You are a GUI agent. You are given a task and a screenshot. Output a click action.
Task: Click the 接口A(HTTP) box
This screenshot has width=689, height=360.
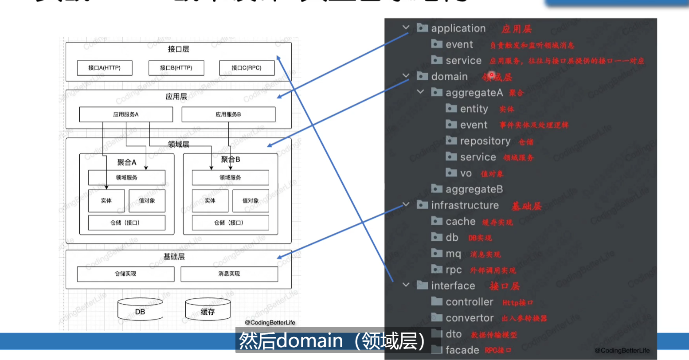pyautogui.click(x=105, y=68)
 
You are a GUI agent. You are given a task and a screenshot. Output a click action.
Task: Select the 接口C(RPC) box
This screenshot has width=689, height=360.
pyautogui.click(x=247, y=68)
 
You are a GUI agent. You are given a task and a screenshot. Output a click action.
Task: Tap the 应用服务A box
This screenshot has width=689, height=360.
pyautogui.click(x=126, y=114)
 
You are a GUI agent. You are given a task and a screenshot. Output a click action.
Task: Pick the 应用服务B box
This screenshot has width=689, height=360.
pyautogui.click(x=228, y=114)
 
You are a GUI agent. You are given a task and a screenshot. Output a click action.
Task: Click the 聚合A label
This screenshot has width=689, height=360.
pyautogui.click(x=127, y=163)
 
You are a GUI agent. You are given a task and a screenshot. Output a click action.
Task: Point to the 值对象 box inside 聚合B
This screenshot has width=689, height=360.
pyautogui.click(x=251, y=200)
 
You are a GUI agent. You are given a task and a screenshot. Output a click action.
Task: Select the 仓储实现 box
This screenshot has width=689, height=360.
pyautogui.click(x=125, y=274)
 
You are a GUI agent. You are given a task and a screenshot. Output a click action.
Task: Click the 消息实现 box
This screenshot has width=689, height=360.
pyautogui.click(x=229, y=274)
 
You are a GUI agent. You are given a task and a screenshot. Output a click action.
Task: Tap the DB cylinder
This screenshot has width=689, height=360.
pyautogui.click(x=140, y=310)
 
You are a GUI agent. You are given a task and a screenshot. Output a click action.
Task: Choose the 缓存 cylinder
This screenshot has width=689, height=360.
pyautogui.click(x=207, y=310)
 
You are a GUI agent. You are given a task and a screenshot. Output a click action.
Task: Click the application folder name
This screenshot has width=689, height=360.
pyautogui.click(x=458, y=28)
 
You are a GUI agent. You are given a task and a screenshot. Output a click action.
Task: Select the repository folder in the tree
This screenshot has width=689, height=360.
pyautogui.click(x=485, y=141)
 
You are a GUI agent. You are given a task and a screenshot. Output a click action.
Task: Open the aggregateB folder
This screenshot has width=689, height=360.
pyautogui.click(x=474, y=189)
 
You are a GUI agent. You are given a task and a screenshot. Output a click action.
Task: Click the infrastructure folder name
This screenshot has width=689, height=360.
pyautogui.click(x=465, y=205)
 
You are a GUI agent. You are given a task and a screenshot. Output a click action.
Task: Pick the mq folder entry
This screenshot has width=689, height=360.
pyautogui.click(x=453, y=254)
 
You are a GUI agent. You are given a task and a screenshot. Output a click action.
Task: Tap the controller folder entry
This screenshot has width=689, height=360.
pyautogui.click(x=469, y=302)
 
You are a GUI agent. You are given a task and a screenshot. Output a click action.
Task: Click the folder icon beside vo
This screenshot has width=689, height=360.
pyautogui.click(x=451, y=172)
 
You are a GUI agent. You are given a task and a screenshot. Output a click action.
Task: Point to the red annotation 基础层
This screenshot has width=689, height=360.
pyautogui.click(x=527, y=206)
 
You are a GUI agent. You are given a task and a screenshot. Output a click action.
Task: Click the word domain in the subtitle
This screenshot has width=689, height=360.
pyautogui.click(x=309, y=340)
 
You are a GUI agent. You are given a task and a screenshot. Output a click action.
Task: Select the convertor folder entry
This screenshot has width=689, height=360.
pyautogui.click(x=470, y=318)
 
